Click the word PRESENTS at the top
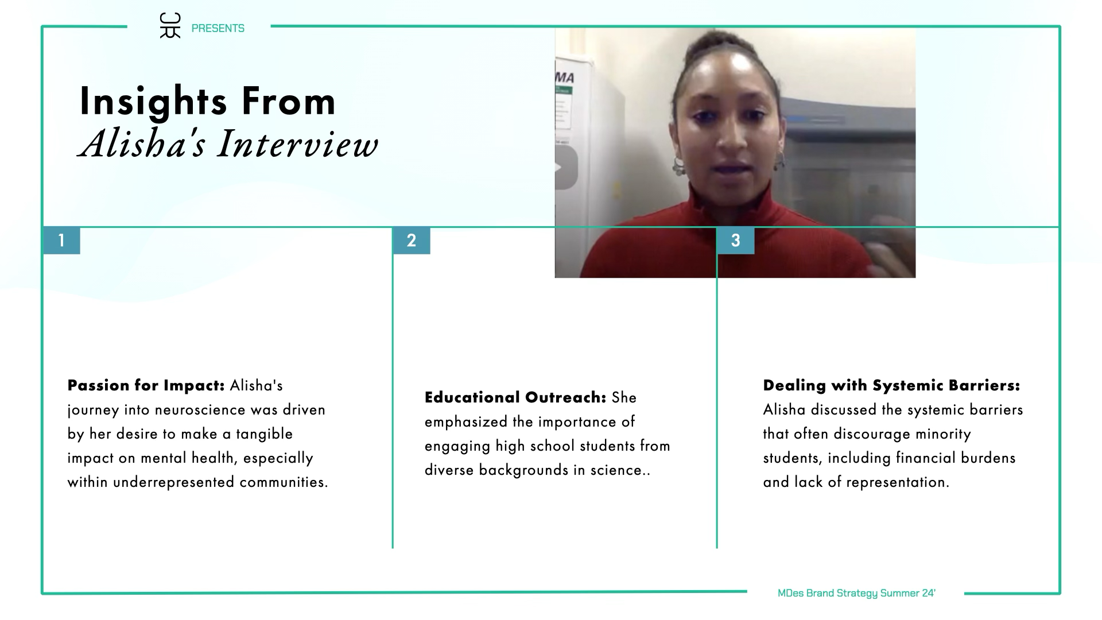218,28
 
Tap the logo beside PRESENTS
170,26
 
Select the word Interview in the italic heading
298,144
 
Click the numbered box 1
61,241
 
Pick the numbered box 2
411,241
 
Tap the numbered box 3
735,241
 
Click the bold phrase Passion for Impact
146,385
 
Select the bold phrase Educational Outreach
515,397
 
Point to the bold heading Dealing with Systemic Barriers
891,385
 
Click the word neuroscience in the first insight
200,410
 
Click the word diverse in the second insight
449,470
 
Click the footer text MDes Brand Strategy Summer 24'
856,593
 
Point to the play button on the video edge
565,168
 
